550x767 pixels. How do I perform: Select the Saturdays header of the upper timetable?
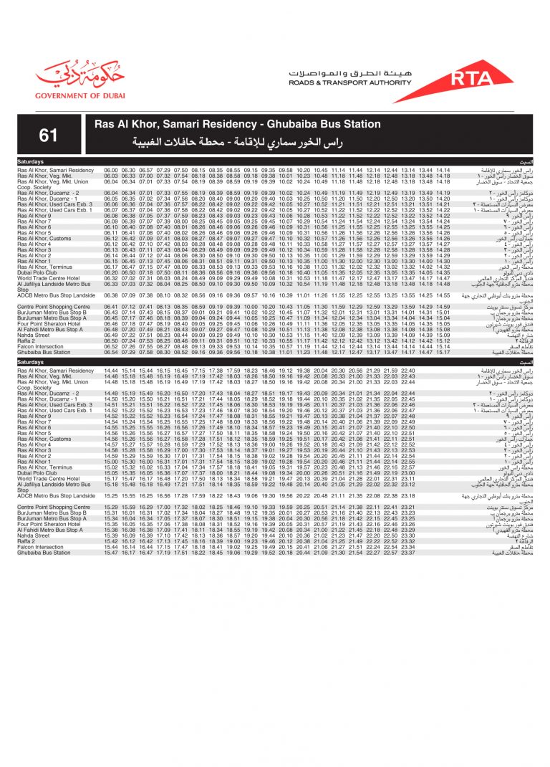click(30, 162)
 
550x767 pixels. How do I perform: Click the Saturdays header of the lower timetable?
click(30, 363)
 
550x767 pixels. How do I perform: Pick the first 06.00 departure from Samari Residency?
click(110, 170)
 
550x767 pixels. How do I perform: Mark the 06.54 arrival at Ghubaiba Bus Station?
click(110, 352)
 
